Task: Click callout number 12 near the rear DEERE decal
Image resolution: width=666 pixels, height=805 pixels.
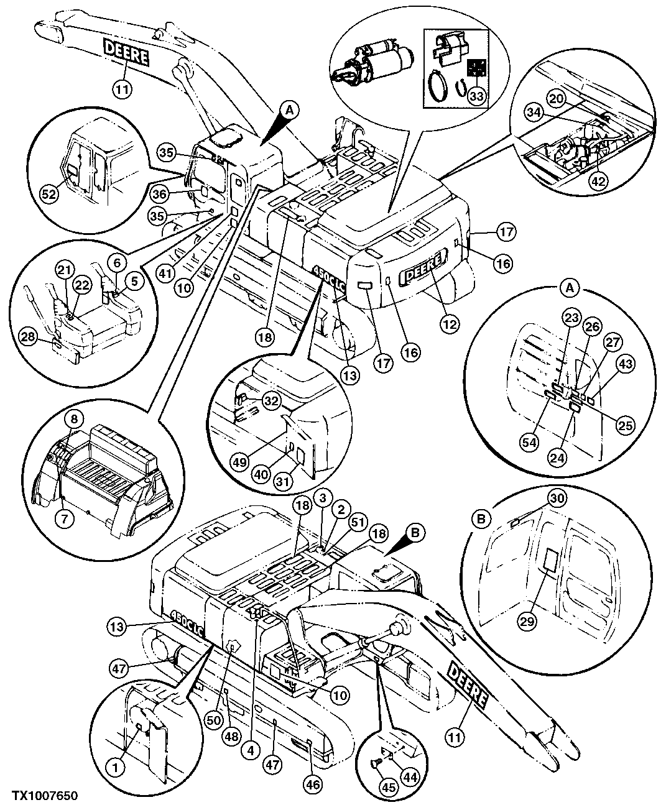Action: tap(450, 323)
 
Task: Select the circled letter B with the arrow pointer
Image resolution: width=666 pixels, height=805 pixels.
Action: tap(417, 532)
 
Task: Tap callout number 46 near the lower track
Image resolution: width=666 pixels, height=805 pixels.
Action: tap(315, 785)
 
